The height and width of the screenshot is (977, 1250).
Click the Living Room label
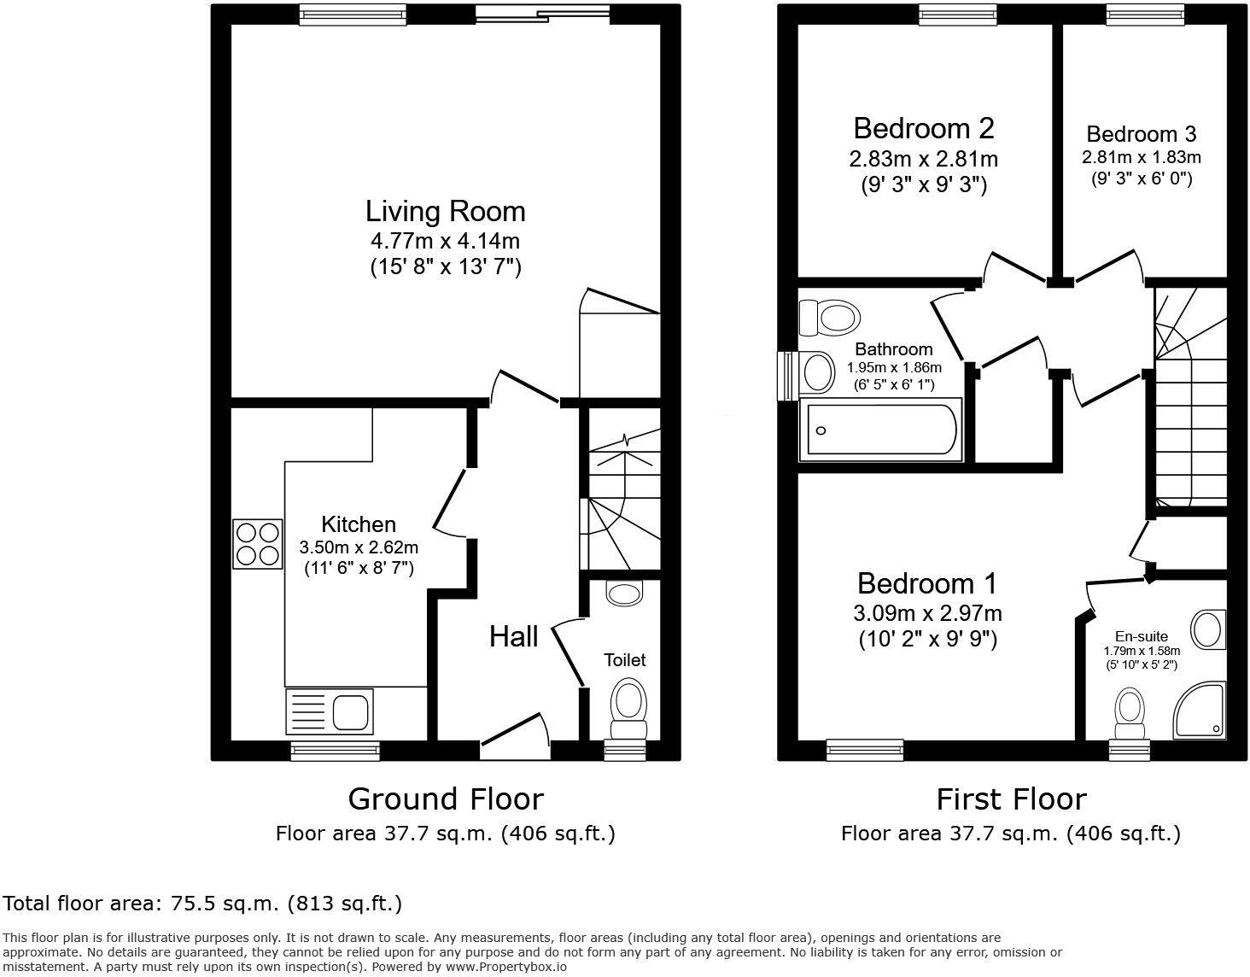[x=445, y=211]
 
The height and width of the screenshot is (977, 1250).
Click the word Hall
[x=513, y=636]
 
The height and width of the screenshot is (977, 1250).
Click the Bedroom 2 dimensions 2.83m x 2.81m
[x=923, y=159]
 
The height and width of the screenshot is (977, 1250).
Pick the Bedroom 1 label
[x=926, y=584]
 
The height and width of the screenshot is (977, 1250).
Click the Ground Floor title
[x=445, y=799]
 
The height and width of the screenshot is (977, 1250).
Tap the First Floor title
[x=1011, y=799]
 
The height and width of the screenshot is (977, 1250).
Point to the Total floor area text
[x=202, y=903]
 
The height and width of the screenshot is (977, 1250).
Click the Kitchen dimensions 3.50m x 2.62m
[x=359, y=547]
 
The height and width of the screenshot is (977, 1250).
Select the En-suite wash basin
[x=1208, y=630]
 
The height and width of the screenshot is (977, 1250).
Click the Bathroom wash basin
[x=818, y=373]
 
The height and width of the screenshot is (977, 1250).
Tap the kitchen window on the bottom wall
[x=335, y=751]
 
